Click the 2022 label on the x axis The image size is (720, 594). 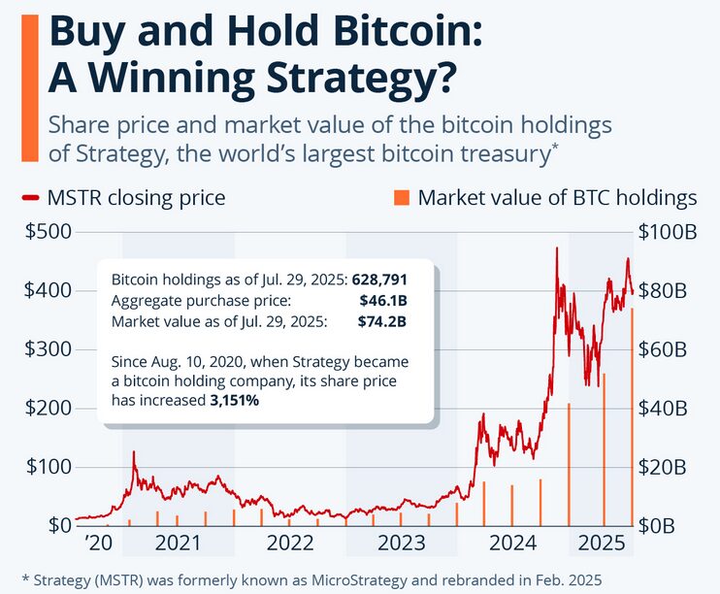[x=289, y=542]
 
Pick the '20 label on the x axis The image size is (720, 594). [x=99, y=542]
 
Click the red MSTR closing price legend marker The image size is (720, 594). [x=29, y=198]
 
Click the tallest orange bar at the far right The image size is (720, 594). [x=633, y=417]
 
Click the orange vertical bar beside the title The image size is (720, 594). [x=29, y=87]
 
